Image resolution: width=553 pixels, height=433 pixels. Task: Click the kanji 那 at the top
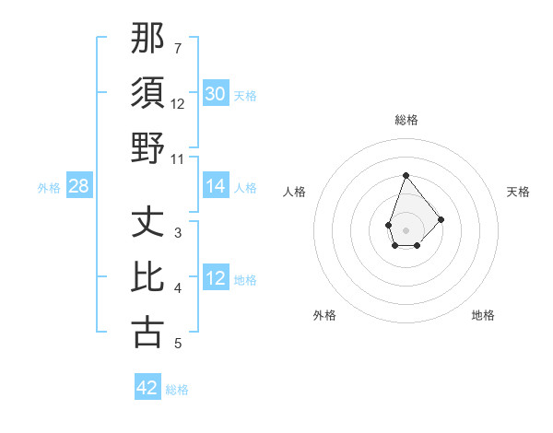pyautogui.click(x=148, y=38)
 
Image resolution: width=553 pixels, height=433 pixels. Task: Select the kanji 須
pyautogui.click(x=148, y=93)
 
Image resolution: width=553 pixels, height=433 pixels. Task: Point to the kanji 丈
pyautogui.click(x=148, y=222)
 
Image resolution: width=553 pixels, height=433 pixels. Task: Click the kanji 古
pyautogui.click(x=148, y=332)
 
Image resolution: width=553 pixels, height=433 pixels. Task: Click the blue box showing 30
pyautogui.click(x=216, y=93)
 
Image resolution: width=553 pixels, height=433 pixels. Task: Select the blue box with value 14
pyautogui.click(x=216, y=186)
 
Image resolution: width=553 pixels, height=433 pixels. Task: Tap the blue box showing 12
pyautogui.click(x=216, y=278)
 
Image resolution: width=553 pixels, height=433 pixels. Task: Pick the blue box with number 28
pyautogui.click(x=79, y=186)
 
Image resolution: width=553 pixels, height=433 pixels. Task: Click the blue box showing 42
pyautogui.click(x=147, y=388)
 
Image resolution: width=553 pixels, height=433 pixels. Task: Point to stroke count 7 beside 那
pyautogui.click(x=178, y=48)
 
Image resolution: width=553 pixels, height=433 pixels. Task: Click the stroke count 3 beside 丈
pyautogui.click(x=178, y=233)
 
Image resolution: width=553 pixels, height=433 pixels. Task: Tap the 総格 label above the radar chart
pyautogui.click(x=406, y=121)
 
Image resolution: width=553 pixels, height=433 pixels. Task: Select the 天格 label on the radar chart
pyautogui.click(x=518, y=192)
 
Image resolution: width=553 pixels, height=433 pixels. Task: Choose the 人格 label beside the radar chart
pyautogui.click(x=294, y=192)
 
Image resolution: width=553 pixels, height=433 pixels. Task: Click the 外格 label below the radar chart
pyautogui.click(x=324, y=315)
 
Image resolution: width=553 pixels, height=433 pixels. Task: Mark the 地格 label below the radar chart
pyautogui.click(x=483, y=315)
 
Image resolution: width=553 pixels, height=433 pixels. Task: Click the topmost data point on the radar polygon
pyautogui.click(x=406, y=175)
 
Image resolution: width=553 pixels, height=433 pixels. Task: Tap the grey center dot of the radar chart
pyautogui.click(x=406, y=228)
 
